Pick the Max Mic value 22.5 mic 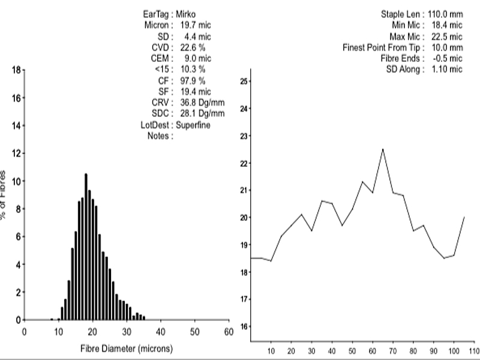pos(446,36)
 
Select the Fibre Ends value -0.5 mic pos(446,58)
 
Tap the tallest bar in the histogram pos(86,246)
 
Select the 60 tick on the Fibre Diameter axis pos(228,331)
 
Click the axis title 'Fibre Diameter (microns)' pos(127,347)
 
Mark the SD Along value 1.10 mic pos(446,70)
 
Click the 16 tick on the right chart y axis pos(244,326)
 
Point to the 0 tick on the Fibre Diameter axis pos(25,331)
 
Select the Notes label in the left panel pos(160,135)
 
